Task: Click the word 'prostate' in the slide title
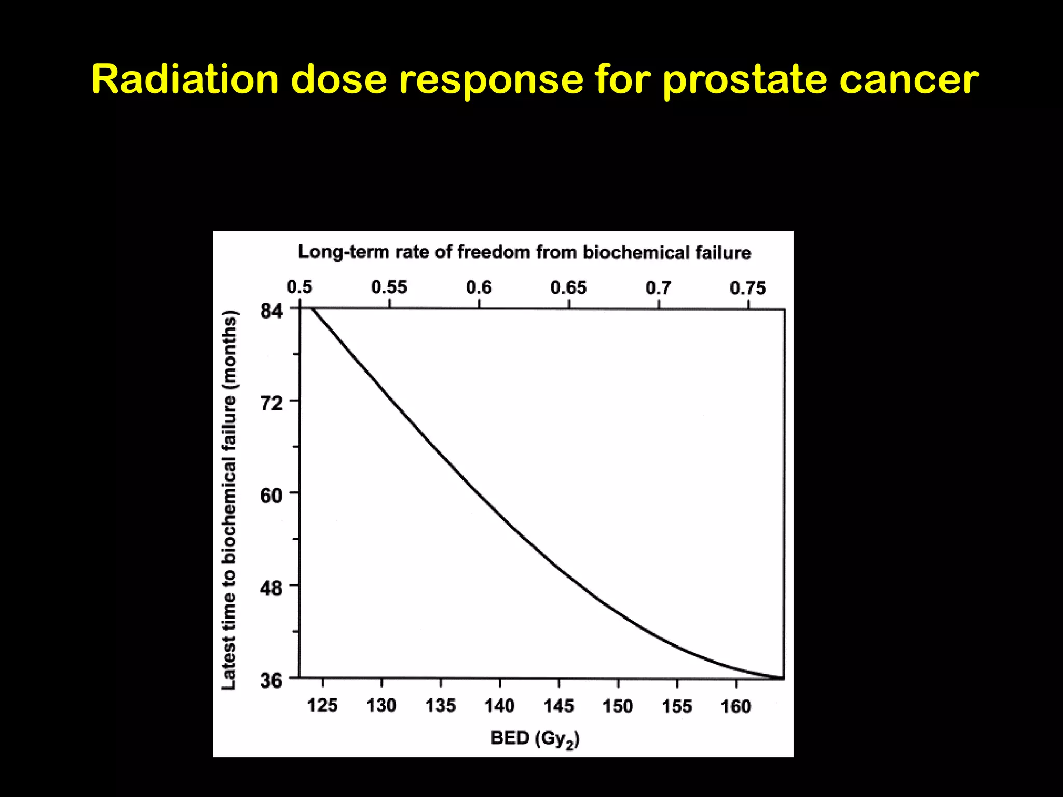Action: pos(744,80)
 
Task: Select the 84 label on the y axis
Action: pos(271,311)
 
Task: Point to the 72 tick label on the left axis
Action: pos(271,403)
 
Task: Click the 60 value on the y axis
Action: pos(271,496)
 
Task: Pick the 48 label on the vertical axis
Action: pos(271,588)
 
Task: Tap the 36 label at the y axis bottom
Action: pos(271,680)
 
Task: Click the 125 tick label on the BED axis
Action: pos(322,706)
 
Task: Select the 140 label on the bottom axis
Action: pos(499,706)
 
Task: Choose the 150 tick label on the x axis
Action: pos(618,706)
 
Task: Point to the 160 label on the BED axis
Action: pos(735,706)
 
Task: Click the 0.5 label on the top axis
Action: pos(299,287)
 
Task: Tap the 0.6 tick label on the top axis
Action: pos(479,287)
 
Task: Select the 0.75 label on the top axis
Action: pos(747,288)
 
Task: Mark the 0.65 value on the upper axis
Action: pos(568,287)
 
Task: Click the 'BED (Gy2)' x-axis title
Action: pos(535,738)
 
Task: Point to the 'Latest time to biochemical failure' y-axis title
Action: pos(229,500)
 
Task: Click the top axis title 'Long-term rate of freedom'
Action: pos(524,253)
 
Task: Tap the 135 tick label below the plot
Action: pos(440,706)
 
